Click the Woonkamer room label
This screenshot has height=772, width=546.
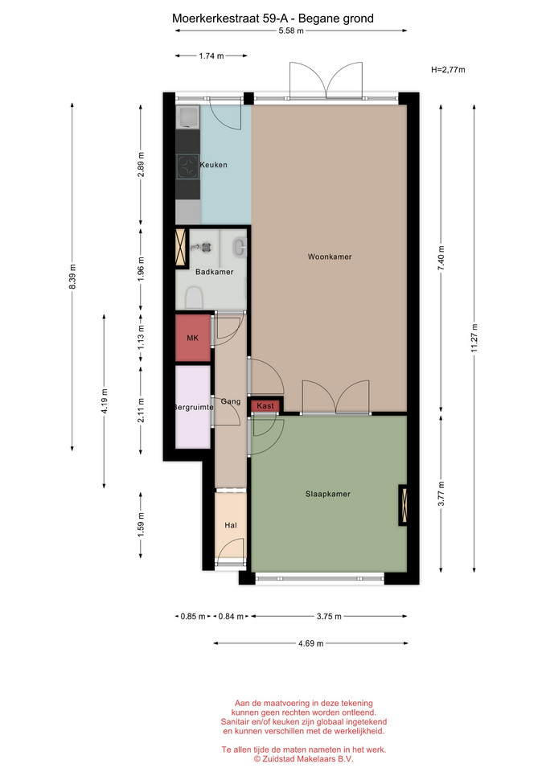pyautogui.click(x=330, y=257)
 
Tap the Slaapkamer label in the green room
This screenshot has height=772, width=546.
pyautogui.click(x=328, y=494)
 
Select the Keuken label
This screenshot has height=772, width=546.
pyautogui.click(x=214, y=165)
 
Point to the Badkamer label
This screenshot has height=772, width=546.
pyautogui.click(x=214, y=272)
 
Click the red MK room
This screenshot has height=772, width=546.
pyautogui.click(x=193, y=338)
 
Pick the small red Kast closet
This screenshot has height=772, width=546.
pyautogui.click(x=265, y=405)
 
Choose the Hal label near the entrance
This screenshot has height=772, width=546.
pyautogui.click(x=231, y=525)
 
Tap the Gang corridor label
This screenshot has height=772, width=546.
pyautogui.click(x=231, y=401)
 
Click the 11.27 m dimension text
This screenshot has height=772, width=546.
pyautogui.click(x=474, y=338)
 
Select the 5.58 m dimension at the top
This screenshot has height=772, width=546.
pyautogui.click(x=291, y=31)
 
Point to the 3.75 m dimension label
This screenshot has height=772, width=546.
pyautogui.click(x=329, y=616)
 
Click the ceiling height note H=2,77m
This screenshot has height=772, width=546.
pyautogui.click(x=448, y=69)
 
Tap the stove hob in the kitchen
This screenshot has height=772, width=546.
pyautogui.click(x=187, y=166)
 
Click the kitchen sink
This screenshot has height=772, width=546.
pyautogui.click(x=187, y=117)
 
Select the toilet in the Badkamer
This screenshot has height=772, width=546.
pyautogui.click(x=195, y=298)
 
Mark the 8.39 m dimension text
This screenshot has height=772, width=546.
pyautogui.click(x=73, y=277)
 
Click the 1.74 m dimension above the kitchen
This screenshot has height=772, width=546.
pyautogui.click(x=211, y=56)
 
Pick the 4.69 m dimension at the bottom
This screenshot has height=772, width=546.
pyautogui.click(x=310, y=643)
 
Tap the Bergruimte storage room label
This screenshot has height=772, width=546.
pyautogui.click(x=193, y=407)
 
